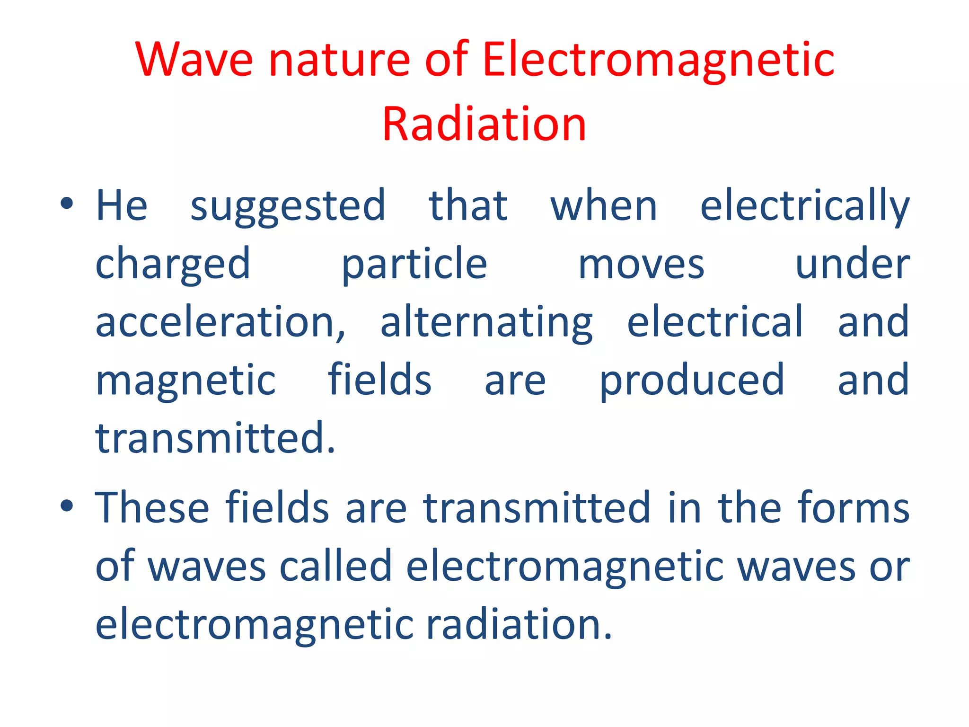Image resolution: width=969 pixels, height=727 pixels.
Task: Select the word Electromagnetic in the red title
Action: point(658,60)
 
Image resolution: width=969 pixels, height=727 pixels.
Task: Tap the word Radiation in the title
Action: point(484,124)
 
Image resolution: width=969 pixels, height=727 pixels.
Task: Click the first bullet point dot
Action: point(67,204)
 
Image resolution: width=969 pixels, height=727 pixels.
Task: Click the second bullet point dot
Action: point(67,506)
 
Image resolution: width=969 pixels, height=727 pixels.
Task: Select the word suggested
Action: point(288,206)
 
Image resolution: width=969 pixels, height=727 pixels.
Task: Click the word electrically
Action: point(804,206)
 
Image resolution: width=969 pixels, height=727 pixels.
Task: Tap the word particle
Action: point(414,265)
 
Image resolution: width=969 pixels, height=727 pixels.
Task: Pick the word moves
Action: point(641,265)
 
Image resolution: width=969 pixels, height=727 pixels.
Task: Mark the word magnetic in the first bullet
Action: point(185,381)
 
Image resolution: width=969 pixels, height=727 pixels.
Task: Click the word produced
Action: point(692,381)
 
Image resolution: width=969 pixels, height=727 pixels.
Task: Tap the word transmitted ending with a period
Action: point(215,438)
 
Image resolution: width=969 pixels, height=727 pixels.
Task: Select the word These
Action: point(152,507)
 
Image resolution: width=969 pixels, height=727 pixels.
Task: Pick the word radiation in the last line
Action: point(519,624)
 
